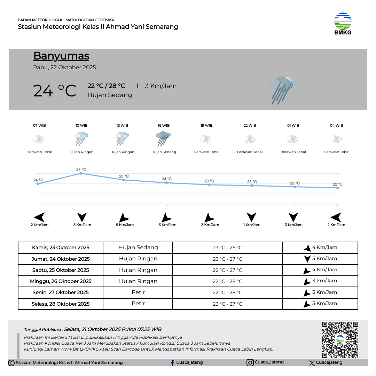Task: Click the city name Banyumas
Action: pyautogui.click(x=61, y=56)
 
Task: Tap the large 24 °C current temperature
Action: pyautogui.click(x=55, y=91)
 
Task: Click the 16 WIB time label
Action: pyautogui.click(x=164, y=125)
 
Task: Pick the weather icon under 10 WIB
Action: pyautogui.click(x=81, y=139)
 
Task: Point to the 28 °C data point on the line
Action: pyautogui.click(x=81, y=173)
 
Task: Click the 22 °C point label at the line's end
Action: pyautogui.click(x=337, y=184)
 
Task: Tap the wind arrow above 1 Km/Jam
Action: pyautogui.click(x=251, y=217)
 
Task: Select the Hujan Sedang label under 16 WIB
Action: pyautogui.click(x=164, y=152)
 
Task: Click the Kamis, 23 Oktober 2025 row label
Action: pyautogui.click(x=61, y=248)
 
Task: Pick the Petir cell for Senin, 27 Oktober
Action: pyautogui.click(x=138, y=292)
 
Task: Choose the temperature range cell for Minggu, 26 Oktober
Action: pyautogui.click(x=227, y=281)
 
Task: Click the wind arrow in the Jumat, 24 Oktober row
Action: pyautogui.click(x=307, y=259)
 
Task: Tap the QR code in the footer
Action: pyautogui.click(x=340, y=340)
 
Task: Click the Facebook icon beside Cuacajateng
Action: pyautogui.click(x=172, y=363)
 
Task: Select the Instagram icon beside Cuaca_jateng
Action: pyautogui.click(x=250, y=363)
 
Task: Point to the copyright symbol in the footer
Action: pyautogui.click(x=11, y=363)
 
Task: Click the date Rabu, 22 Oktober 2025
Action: pyautogui.click(x=64, y=68)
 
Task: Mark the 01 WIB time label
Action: pyautogui.click(x=293, y=125)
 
